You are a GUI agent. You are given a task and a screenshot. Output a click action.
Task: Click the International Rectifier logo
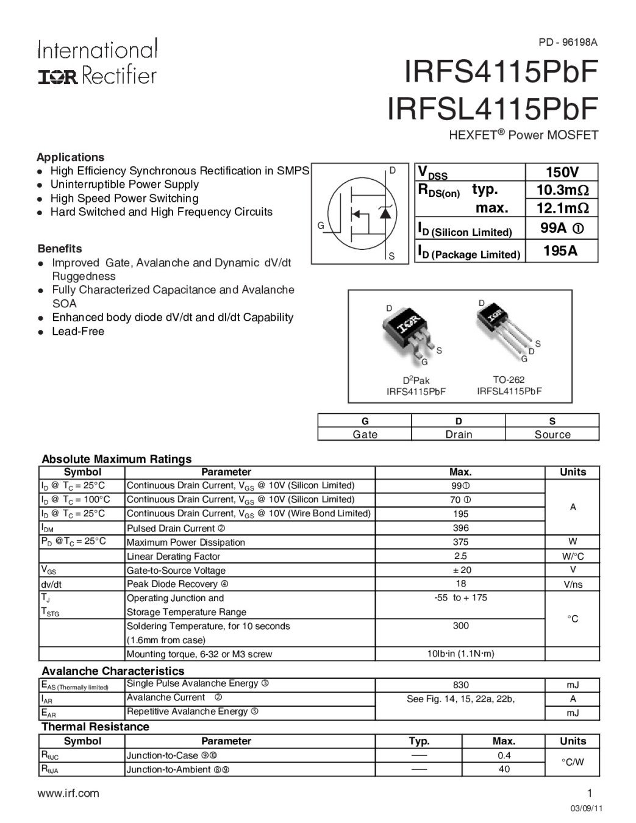point(98,62)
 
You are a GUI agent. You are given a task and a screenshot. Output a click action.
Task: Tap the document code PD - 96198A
point(568,42)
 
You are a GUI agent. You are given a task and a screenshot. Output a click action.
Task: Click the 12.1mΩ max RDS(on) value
point(562,208)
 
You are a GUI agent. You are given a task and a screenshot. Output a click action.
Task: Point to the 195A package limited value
point(560,251)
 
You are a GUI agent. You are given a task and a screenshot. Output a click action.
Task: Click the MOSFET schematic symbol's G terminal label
point(320,226)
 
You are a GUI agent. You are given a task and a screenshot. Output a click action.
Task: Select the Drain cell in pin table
point(459,434)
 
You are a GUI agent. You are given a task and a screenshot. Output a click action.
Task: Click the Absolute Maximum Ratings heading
point(116,459)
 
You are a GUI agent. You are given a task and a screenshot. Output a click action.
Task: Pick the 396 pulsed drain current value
point(460,528)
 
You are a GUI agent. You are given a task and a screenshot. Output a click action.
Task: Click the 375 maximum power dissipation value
point(460,542)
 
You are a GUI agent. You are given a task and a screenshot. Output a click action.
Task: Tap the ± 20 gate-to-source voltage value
point(460,570)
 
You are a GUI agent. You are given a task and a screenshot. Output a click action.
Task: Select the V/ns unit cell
point(573,584)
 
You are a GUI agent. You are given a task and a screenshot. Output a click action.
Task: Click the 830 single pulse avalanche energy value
point(460,685)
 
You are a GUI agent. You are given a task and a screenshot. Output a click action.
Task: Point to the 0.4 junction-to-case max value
point(504,755)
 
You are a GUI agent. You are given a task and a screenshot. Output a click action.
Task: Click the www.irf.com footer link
point(68,793)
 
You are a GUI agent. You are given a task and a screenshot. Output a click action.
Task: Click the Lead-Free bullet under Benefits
point(78,332)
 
